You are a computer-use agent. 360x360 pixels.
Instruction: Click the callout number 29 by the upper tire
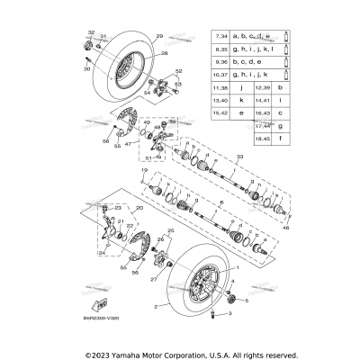click(159, 36)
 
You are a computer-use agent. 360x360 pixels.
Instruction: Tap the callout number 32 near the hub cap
click(90, 31)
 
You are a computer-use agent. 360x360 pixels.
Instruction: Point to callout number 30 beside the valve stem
click(88, 68)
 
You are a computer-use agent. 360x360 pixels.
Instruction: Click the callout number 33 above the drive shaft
click(239, 157)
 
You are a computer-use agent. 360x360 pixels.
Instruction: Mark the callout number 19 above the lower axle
click(143, 170)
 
